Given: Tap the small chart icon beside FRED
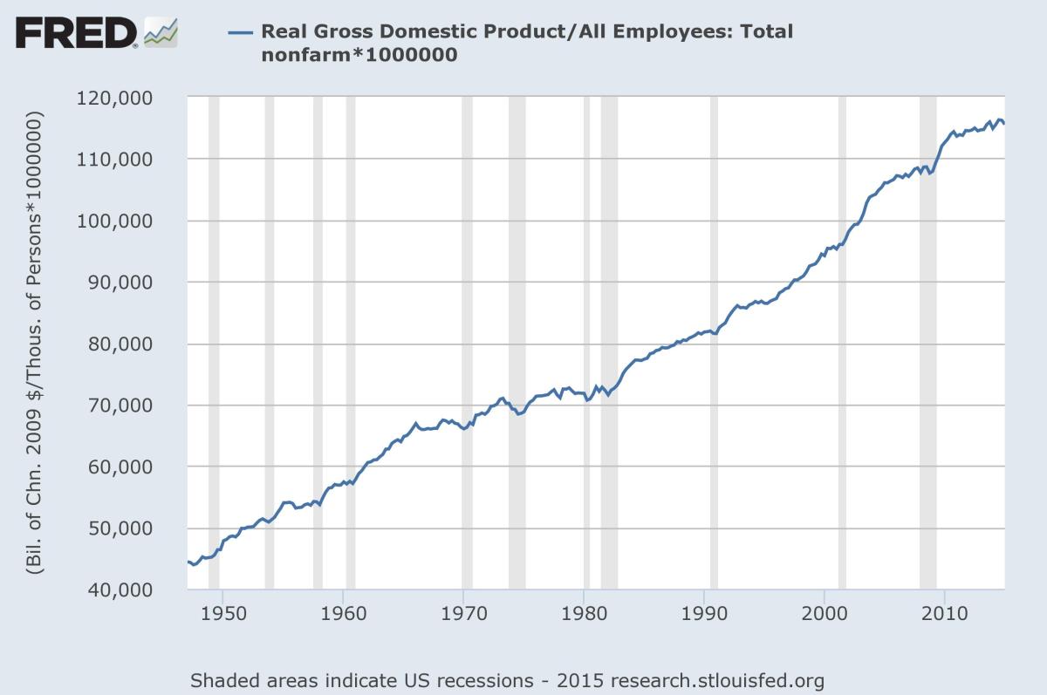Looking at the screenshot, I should tap(161, 32).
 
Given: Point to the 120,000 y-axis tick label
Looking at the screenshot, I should tap(139, 98).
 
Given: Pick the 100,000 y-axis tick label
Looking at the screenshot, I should tap(139, 221).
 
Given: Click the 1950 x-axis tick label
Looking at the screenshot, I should tap(222, 613).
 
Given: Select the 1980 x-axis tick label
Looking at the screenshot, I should tap(584, 613).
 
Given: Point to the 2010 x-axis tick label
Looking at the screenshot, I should tap(945, 613).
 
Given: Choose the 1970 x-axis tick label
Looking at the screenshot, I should tap(463, 613).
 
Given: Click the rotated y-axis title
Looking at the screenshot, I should tap(35, 344).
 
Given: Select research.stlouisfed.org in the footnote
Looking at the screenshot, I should tap(718, 679).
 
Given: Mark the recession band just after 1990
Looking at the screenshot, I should tap(714, 344).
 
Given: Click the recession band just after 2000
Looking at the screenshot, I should tap(842, 344).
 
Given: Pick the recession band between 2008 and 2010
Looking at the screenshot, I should tap(927, 344).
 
